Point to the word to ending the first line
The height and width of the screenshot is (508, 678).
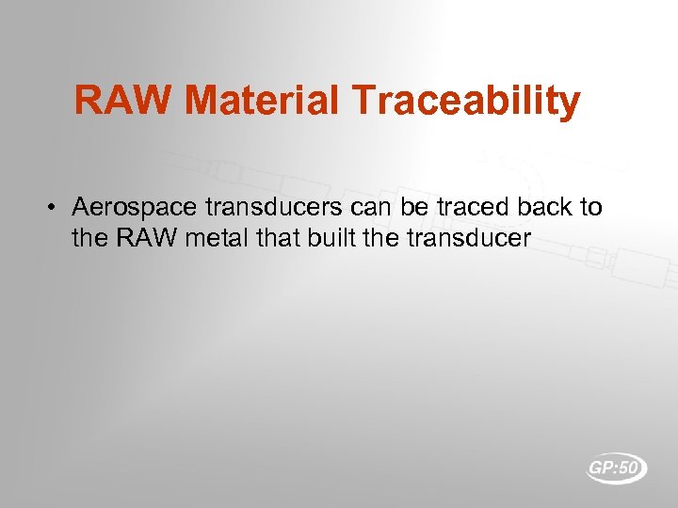tap(590, 206)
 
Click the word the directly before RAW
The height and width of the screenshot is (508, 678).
tap(90, 237)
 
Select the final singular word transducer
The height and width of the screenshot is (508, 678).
tap(469, 237)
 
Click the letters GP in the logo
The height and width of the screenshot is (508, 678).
tap(603, 467)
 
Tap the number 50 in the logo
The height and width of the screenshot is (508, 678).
tap(630, 467)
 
